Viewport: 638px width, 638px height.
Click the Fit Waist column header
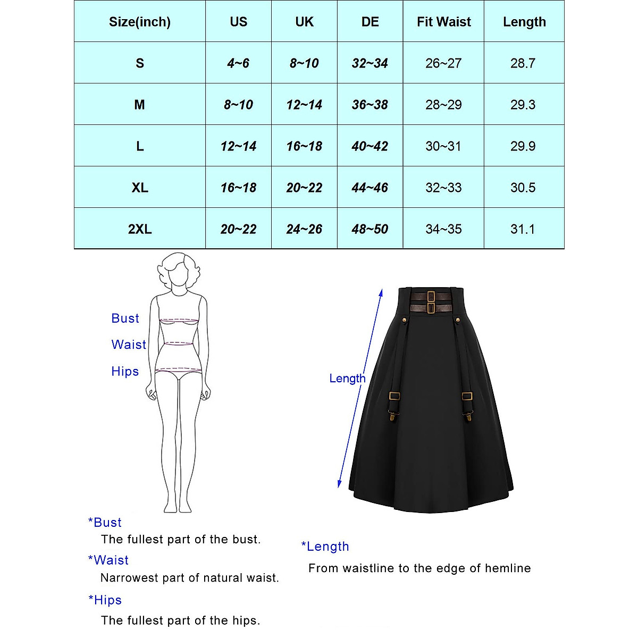pos(443,22)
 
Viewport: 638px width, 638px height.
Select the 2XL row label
pos(140,229)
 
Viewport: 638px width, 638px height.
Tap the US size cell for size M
pos(238,105)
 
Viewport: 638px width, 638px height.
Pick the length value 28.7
pos(523,63)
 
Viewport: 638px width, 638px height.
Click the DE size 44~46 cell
pos(370,188)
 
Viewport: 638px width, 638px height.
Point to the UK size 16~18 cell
pos(304,146)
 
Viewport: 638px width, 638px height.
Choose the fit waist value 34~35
pos(443,229)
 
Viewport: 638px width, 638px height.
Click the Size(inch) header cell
pos(140,22)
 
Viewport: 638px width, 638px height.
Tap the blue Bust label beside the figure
pos(125,318)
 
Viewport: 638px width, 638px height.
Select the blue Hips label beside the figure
pos(125,371)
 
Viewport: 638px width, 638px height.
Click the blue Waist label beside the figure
pos(129,345)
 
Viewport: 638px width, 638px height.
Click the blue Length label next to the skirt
pos(347,379)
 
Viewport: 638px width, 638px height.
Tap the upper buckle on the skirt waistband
pos(431,296)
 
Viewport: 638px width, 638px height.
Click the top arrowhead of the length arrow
pos(381,292)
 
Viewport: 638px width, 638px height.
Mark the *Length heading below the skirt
pos(325,547)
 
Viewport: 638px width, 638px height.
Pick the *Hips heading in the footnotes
pos(105,600)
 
